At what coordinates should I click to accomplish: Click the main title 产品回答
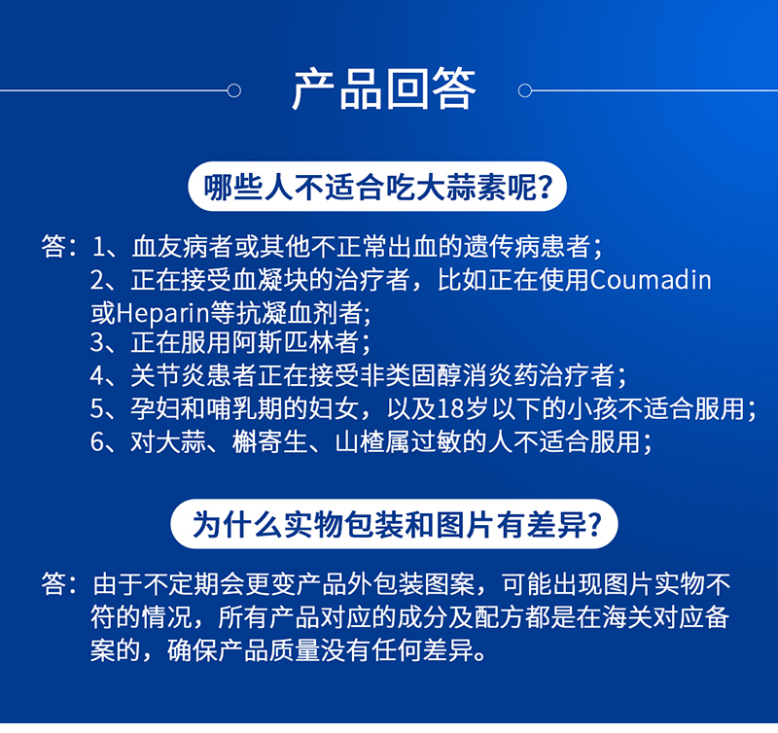click(384, 89)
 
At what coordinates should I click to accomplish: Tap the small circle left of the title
click(233, 90)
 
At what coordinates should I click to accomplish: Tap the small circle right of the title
click(525, 90)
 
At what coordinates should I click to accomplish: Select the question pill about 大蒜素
click(377, 187)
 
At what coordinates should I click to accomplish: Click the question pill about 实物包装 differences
click(395, 524)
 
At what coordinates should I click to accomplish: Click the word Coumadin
click(651, 280)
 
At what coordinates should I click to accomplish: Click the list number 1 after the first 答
click(98, 247)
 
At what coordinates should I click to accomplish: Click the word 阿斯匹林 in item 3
click(282, 342)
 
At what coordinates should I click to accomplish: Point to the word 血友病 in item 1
click(169, 247)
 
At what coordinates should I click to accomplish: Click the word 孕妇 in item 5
click(156, 408)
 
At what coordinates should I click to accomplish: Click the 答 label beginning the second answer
click(53, 583)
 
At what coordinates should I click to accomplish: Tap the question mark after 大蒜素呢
click(545, 188)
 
